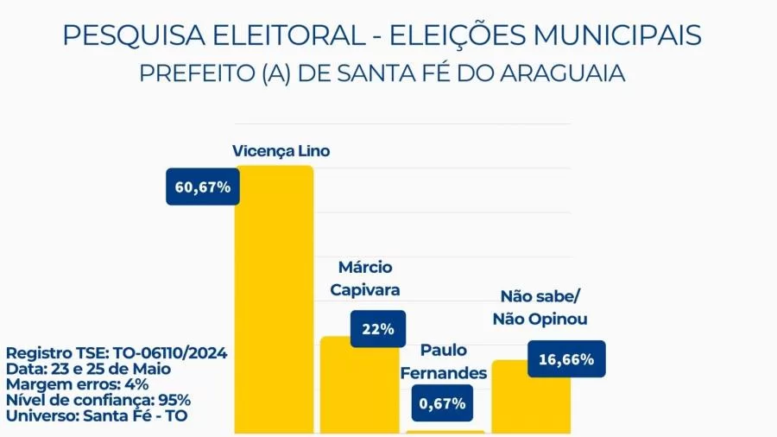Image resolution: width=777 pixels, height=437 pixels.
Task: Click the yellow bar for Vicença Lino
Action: point(274,302)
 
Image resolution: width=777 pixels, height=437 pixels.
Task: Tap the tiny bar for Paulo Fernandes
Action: point(445,431)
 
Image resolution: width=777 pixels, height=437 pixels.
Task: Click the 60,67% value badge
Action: point(203,187)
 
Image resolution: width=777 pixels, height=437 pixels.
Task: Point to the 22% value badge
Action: point(378,329)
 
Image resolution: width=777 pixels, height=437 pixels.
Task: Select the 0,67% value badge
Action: point(443,402)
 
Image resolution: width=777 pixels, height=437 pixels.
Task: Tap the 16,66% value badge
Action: point(565,359)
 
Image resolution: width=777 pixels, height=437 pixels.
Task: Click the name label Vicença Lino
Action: point(281,151)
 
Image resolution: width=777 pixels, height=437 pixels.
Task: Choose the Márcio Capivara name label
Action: point(365,279)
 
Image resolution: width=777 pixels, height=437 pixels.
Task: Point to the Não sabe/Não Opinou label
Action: point(540,307)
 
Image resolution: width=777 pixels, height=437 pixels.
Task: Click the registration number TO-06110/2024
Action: point(171,354)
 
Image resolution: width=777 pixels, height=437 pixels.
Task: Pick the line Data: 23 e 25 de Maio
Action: point(88,369)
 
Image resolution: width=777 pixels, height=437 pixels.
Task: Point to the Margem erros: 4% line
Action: point(78,384)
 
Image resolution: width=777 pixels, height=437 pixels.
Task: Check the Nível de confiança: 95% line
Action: point(98,400)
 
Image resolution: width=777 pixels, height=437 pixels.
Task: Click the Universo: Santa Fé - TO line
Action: point(97,415)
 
